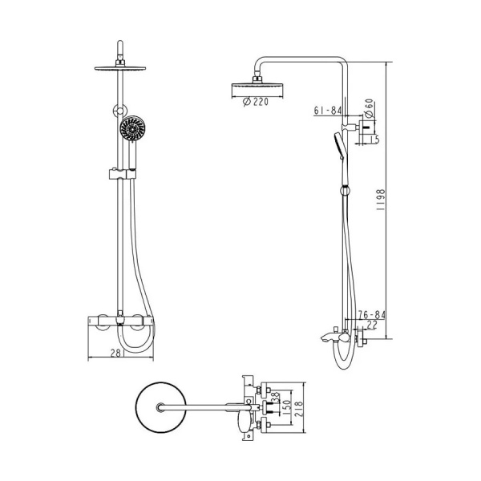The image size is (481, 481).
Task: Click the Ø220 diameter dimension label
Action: [256, 102]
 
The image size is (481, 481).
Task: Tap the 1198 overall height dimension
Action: [380, 200]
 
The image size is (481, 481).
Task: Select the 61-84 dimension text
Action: [328, 110]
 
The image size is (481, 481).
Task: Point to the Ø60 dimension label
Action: [369, 108]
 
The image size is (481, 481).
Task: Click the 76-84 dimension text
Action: [372, 315]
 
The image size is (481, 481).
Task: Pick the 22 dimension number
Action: [371, 325]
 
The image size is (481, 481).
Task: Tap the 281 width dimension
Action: [116, 353]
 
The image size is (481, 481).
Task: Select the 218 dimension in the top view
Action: [298, 408]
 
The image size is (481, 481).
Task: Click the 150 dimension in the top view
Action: [287, 407]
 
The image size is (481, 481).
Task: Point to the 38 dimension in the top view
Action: [276, 398]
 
